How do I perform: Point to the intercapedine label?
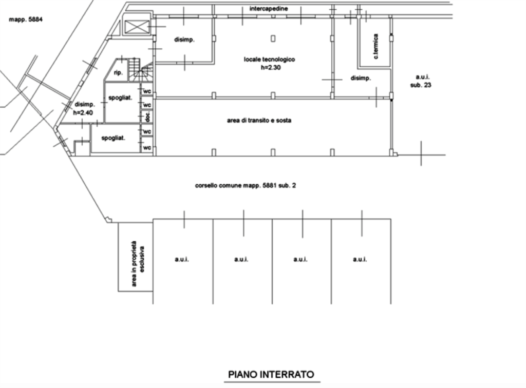click(x=269, y=9)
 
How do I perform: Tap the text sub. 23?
click(x=421, y=85)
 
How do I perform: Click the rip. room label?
click(x=118, y=73)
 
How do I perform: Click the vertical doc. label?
click(x=147, y=118)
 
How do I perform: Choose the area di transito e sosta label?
click(x=259, y=121)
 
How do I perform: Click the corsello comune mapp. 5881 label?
click(x=245, y=185)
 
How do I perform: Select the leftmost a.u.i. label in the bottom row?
click(x=182, y=259)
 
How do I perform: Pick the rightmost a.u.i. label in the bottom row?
click(x=359, y=259)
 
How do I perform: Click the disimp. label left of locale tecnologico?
click(x=184, y=40)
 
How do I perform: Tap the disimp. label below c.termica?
click(x=361, y=78)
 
